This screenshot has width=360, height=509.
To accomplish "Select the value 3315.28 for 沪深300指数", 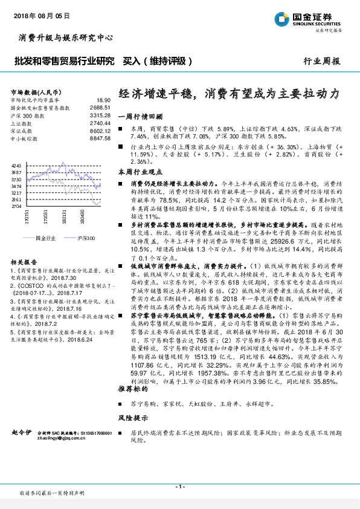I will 100,114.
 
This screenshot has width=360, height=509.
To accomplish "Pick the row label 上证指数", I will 23,122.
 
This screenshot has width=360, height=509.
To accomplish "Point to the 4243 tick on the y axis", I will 16,164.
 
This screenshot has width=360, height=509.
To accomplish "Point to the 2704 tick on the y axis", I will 16,206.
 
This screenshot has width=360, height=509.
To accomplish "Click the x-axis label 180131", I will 65,218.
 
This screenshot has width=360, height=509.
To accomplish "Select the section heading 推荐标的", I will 130,390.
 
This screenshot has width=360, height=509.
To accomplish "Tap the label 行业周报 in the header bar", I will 322,61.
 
